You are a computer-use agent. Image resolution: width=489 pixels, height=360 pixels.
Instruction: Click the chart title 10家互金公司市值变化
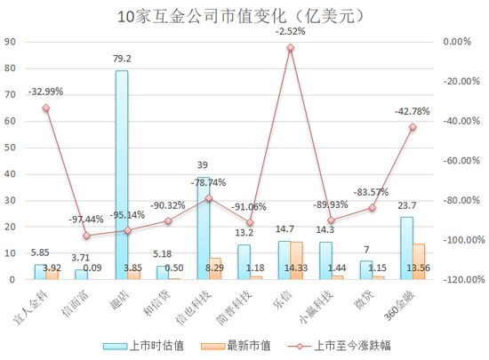(244, 16)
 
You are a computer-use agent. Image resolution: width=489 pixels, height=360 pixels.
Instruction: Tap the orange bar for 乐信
(297, 260)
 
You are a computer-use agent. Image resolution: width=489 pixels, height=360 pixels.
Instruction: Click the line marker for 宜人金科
(46, 108)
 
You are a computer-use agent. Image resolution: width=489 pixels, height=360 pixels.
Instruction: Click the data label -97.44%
(86, 219)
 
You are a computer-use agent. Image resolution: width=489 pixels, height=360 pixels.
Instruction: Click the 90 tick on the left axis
(8, 42)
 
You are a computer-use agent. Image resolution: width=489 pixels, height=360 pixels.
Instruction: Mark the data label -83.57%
(371, 192)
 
